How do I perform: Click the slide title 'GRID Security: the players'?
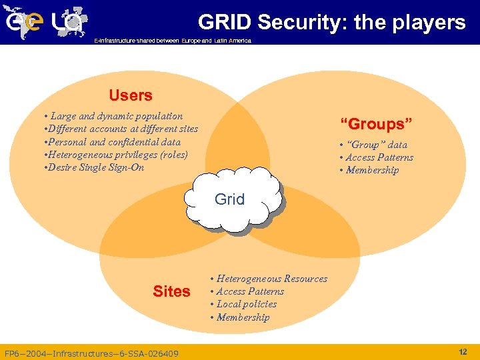tap(331, 22)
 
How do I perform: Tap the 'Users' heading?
tap(131, 95)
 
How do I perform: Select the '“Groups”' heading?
tap(377, 124)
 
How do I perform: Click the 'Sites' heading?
tap(171, 291)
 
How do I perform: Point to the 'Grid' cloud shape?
tap(230, 199)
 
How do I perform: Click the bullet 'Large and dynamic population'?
tap(113, 116)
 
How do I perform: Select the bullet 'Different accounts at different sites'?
tap(121, 129)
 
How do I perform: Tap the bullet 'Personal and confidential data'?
tap(111, 141)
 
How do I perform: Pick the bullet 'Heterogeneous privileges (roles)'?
tap(115, 154)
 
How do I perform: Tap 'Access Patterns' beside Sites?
tap(247, 291)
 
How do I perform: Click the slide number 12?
tap(463, 351)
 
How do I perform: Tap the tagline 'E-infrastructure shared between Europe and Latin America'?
tap(173, 41)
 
